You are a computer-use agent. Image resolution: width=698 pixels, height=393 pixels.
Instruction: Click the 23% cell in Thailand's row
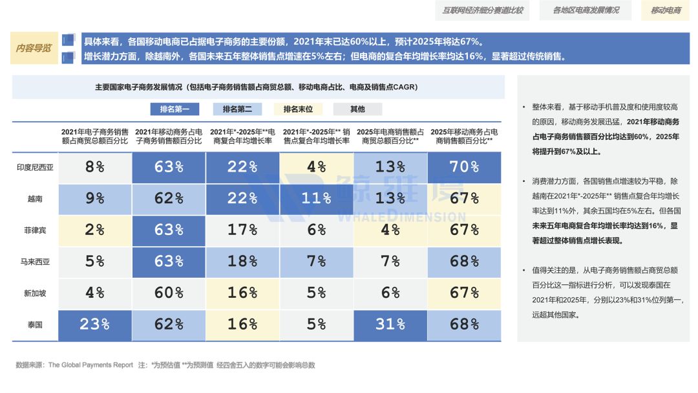click(94, 324)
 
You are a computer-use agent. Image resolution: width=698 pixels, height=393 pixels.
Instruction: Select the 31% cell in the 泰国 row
click(390, 324)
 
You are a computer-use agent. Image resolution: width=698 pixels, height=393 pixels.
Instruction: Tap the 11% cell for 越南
click(316, 199)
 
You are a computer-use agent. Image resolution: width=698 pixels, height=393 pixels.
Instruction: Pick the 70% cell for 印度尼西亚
click(463, 167)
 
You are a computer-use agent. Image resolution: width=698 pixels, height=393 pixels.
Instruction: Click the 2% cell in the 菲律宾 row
click(94, 230)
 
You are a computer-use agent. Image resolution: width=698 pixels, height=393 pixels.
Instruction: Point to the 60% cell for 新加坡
click(169, 293)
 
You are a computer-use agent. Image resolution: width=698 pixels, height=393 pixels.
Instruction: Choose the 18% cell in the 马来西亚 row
click(242, 262)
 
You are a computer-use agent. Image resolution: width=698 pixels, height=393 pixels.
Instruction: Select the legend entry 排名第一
click(174, 109)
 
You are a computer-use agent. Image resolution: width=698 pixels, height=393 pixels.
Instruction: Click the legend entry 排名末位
click(298, 109)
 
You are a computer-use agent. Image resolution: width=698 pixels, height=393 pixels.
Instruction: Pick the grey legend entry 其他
click(357, 109)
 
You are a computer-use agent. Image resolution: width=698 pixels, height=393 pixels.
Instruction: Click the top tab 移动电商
click(665, 10)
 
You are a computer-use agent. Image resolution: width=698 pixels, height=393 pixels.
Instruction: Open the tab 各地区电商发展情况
click(586, 10)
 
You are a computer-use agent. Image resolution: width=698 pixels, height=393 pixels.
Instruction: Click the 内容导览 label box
click(34, 48)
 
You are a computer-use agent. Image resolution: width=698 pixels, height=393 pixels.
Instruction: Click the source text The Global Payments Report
click(90, 365)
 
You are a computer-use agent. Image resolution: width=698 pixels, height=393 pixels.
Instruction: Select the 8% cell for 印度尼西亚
click(94, 167)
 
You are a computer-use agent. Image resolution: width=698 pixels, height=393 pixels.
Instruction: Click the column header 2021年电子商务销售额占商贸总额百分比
click(94, 135)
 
